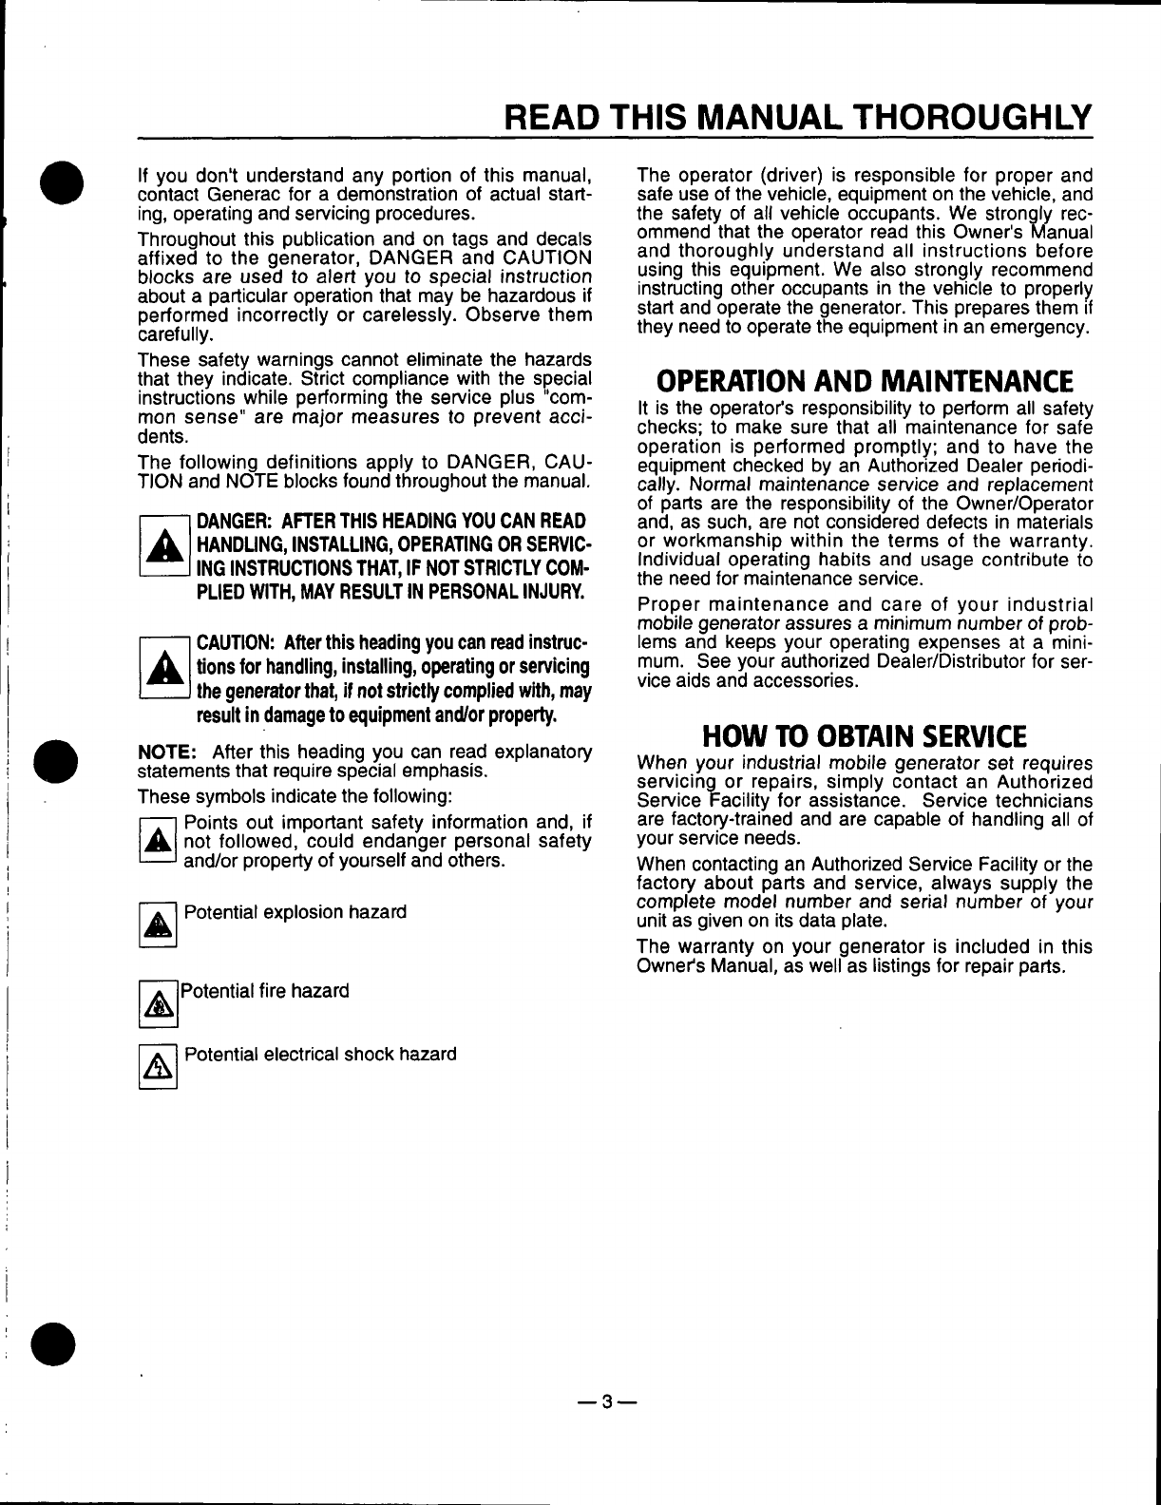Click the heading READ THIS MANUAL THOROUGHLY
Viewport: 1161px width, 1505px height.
(x=798, y=117)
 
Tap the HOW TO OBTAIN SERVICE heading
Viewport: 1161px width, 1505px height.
(x=864, y=736)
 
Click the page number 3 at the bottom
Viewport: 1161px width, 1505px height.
(x=608, y=1401)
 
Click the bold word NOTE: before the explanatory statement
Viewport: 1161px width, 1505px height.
(x=167, y=752)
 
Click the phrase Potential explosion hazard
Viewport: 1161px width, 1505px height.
(x=295, y=912)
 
